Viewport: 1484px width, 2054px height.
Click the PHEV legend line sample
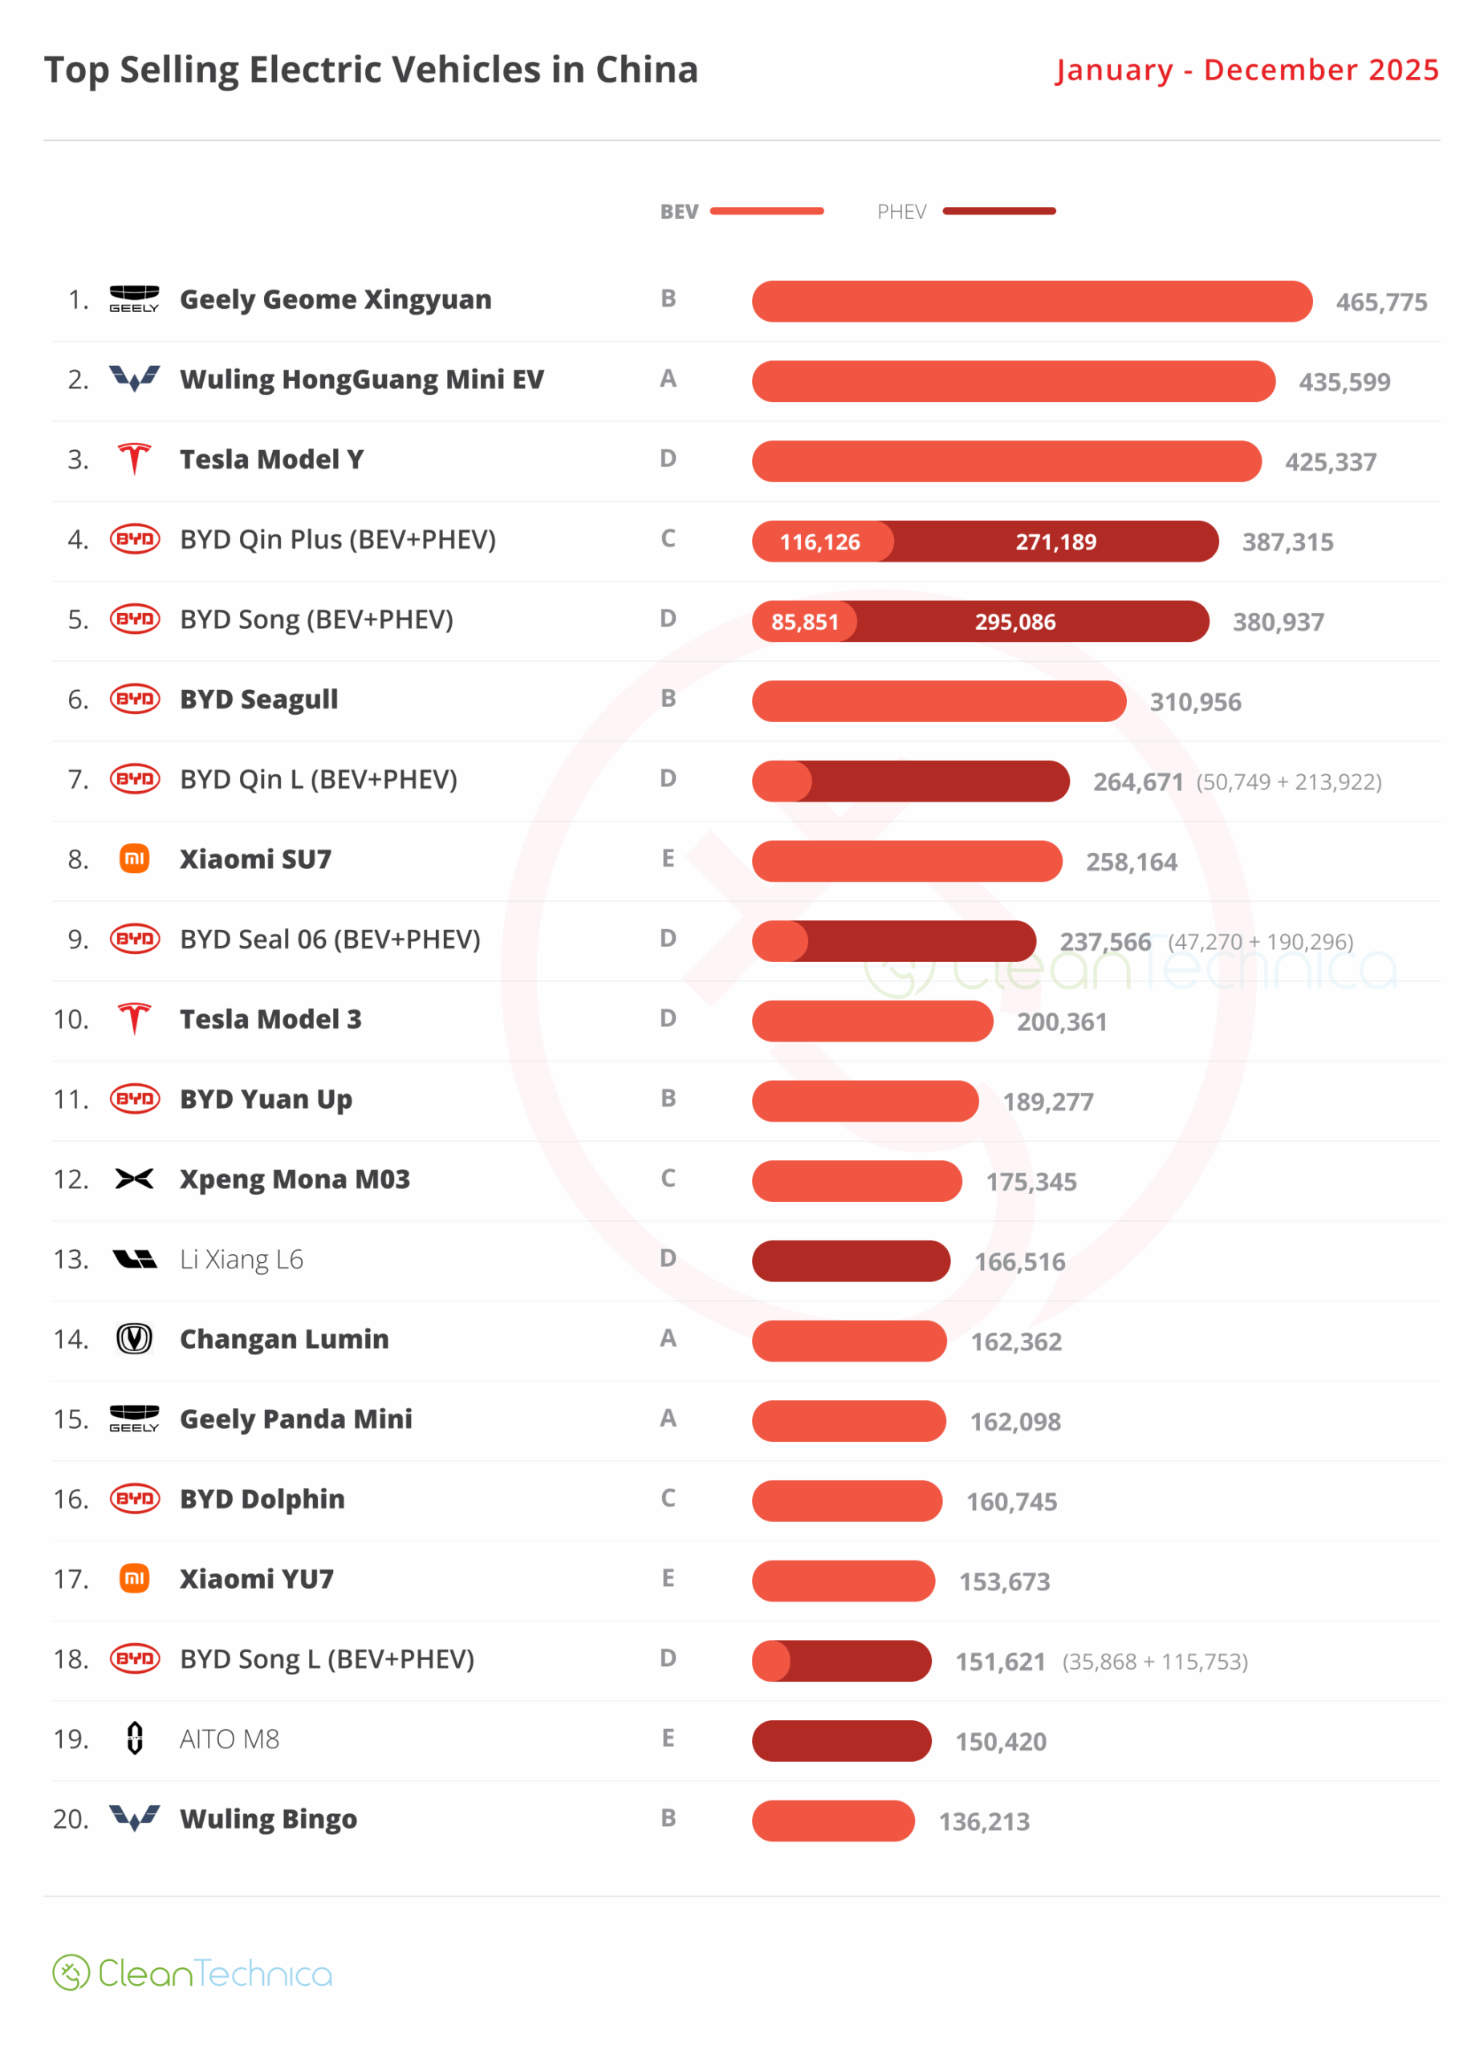click(998, 211)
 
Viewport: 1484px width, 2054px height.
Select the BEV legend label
click(678, 212)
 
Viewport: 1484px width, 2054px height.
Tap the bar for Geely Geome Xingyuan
click(1031, 302)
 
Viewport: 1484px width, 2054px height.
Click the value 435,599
click(1344, 382)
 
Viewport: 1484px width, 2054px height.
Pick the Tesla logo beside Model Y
click(134, 459)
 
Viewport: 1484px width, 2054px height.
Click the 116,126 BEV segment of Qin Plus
click(821, 542)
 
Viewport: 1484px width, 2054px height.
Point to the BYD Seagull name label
click(258, 699)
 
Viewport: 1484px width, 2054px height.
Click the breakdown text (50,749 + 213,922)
click(1288, 781)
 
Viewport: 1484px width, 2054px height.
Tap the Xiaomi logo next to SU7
click(134, 859)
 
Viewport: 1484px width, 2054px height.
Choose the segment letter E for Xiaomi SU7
click(668, 859)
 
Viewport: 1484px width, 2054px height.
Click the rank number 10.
click(71, 1019)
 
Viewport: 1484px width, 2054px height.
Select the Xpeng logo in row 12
click(134, 1179)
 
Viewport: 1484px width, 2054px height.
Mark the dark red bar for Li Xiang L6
click(850, 1260)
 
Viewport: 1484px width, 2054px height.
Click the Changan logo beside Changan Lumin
click(134, 1338)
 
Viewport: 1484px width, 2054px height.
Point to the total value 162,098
click(1014, 1422)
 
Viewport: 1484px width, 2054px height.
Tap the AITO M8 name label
click(230, 1739)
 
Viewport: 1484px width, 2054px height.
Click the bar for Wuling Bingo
click(832, 1821)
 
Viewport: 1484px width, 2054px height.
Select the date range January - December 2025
click(1246, 70)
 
